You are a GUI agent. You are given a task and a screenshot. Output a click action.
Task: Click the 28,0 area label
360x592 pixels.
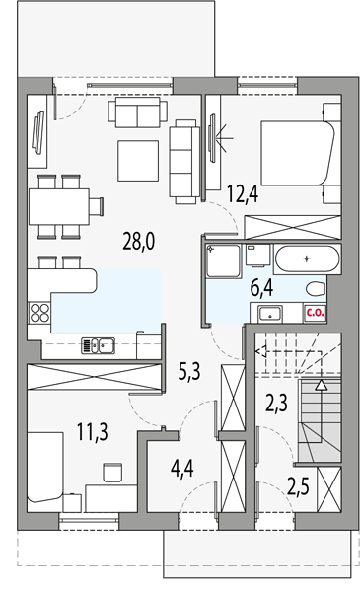[138, 242]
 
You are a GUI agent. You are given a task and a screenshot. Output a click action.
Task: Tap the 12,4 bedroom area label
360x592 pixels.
[243, 194]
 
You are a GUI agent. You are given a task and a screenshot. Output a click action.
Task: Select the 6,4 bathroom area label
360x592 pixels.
[262, 288]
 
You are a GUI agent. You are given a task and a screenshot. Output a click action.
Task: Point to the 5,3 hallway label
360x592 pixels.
[189, 372]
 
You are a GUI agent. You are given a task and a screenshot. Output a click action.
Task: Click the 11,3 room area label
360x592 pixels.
[93, 432]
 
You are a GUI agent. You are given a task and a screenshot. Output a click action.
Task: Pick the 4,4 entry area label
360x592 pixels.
[182, 469]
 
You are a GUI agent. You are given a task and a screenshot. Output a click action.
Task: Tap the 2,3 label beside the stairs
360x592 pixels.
[276, 403]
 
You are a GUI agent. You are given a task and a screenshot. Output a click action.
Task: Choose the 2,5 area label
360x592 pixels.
[298, 486]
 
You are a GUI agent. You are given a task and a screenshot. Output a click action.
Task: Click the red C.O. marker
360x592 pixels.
[315, 313]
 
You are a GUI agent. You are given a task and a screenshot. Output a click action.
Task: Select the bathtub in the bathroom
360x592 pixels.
[307, 259]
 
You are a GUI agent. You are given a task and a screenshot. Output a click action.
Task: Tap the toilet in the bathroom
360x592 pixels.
[316, 289]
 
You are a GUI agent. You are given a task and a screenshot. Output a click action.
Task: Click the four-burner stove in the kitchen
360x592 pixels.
[39, 313]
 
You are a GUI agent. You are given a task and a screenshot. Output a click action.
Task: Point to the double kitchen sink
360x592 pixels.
[99, 345]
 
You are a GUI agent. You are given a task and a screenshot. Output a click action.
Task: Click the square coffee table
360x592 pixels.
[138, 161]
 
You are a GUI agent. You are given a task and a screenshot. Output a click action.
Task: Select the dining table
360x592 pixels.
[59, 206]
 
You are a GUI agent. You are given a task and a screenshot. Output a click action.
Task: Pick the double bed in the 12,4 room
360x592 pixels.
[297, 153]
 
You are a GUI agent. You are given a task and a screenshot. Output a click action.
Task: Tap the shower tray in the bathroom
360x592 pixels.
[223, 260]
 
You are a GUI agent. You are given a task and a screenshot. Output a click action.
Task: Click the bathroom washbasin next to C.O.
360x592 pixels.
[270, 313]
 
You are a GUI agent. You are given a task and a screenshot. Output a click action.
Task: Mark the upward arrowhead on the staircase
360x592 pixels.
[322, 385]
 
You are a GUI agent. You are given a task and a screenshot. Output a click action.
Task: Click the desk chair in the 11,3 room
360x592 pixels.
[112, 473]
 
